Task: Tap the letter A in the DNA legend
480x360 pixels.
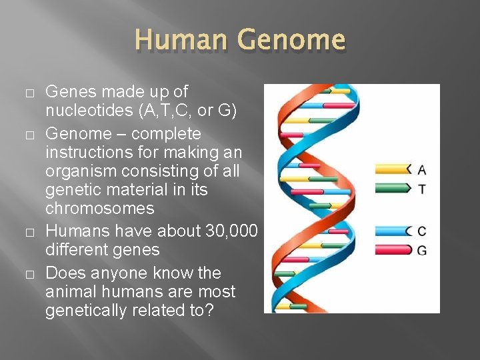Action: pos(422,169)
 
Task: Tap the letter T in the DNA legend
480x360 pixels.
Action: pos(422,189)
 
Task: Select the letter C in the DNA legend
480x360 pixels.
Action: pos(422,231)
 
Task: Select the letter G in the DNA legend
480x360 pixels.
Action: pos(422,251)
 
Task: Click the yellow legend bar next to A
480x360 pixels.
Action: pos(393,169)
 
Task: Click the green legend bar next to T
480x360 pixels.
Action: pos(393,189)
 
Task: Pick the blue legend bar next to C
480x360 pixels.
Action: pos(393,231)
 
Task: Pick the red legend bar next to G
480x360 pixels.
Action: pos(393,250)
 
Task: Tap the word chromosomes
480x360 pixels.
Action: pos(99,209)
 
